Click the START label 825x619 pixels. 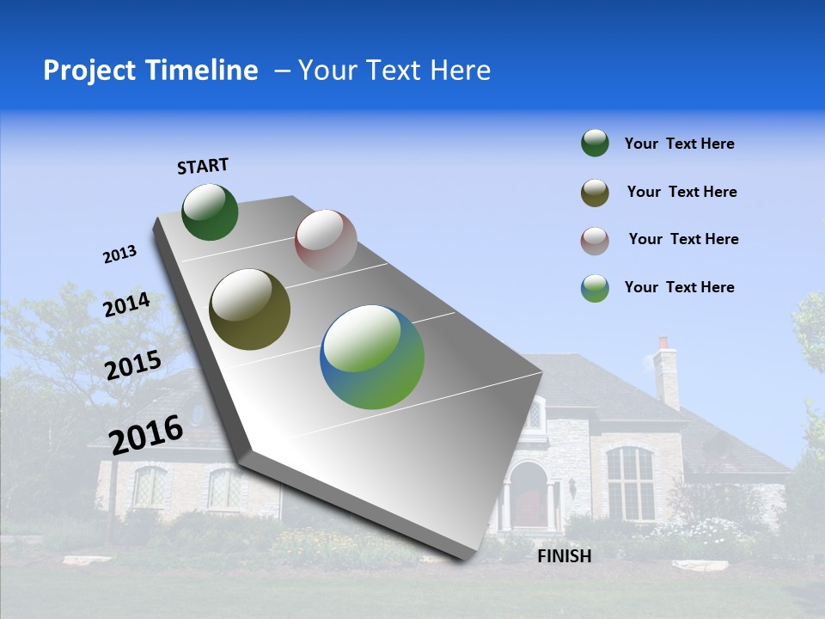203,166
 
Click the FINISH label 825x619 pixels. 565,556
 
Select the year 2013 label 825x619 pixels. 119,254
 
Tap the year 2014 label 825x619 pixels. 126,305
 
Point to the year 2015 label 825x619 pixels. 132,365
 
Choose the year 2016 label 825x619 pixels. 146,434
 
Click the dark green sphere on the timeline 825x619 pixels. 210,212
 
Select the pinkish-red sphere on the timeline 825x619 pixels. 326,241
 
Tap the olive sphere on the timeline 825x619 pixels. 249,309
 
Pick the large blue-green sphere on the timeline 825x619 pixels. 372,357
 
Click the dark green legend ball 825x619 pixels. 595,144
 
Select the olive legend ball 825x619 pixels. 595,193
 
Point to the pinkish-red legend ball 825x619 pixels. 595,241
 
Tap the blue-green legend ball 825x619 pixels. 595,288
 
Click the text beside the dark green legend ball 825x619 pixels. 679,144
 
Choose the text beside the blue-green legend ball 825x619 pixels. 679,287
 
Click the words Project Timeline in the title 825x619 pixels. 150,70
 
